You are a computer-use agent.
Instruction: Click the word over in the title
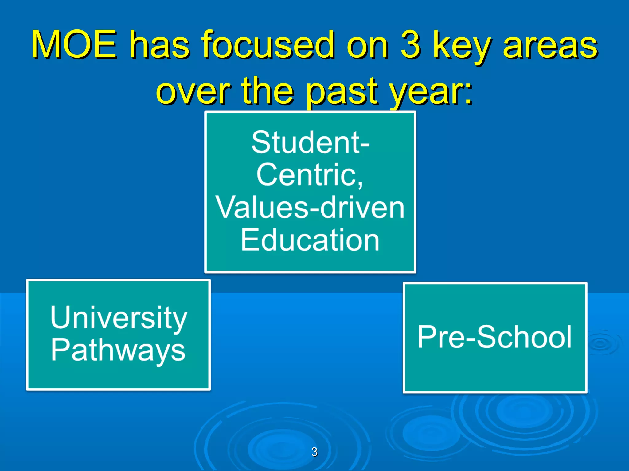pos(193,91)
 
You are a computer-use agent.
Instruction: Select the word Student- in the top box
pos(310,142)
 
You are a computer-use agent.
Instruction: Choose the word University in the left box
pos(119,318)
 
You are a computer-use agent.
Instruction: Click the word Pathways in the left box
pos(118,350)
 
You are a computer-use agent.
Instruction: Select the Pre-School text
pos(494,337)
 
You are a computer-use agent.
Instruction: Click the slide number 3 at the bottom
pos(314,452)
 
